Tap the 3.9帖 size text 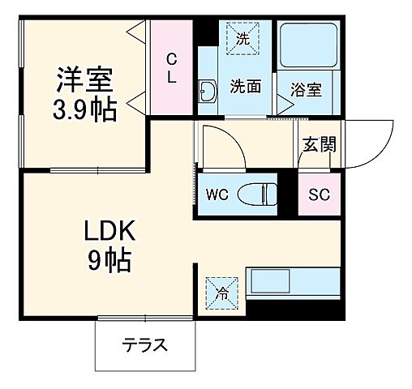(x=85, y=109)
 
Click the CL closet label (x=172, y=67)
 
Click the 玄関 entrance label (x=320, y=146)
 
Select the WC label (x=217, y=194)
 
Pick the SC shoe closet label (x=319, y=194)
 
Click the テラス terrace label (x=145, y=345)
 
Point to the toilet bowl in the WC (x=264, y=194)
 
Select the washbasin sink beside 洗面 (x=206, y=91)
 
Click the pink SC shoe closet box (x=319, y=194)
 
